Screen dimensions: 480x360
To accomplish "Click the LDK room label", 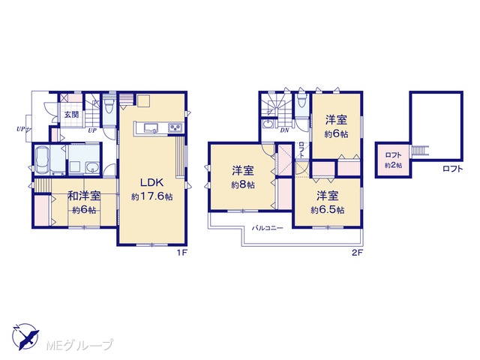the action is [151, 182].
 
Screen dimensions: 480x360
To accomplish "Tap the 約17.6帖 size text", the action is [151, 196].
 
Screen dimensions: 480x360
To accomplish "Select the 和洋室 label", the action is [84, 196].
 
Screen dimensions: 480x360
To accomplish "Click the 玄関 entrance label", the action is [71, 115].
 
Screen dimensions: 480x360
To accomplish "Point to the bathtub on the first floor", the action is [43, 159].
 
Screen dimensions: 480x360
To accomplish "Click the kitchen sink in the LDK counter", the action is [151, 127].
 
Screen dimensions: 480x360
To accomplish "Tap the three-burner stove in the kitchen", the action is [175, 127].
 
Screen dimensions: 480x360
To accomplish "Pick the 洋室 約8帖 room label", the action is [243, 177].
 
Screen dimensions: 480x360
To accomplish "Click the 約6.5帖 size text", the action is [327, 210].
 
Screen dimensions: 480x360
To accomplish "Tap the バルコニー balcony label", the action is [267, 228].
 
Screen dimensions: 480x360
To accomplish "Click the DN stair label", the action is [285, 130].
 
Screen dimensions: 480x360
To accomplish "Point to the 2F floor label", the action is [357, 253].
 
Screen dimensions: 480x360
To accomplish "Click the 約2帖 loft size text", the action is [393, 165].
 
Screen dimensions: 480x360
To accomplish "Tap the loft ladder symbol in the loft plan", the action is [419, 151].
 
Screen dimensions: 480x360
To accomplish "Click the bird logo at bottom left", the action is [25, 337].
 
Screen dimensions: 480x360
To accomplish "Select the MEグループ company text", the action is [80, 345].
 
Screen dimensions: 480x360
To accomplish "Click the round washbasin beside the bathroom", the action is [92, 167].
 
